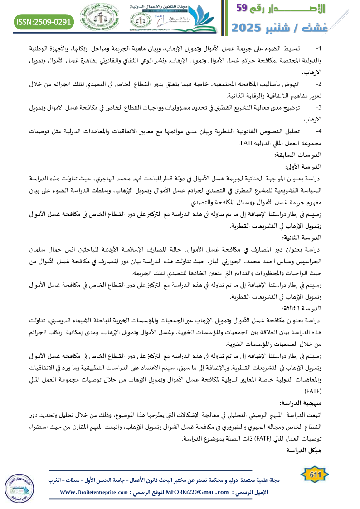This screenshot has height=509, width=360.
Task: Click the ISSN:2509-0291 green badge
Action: coord(44,21)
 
